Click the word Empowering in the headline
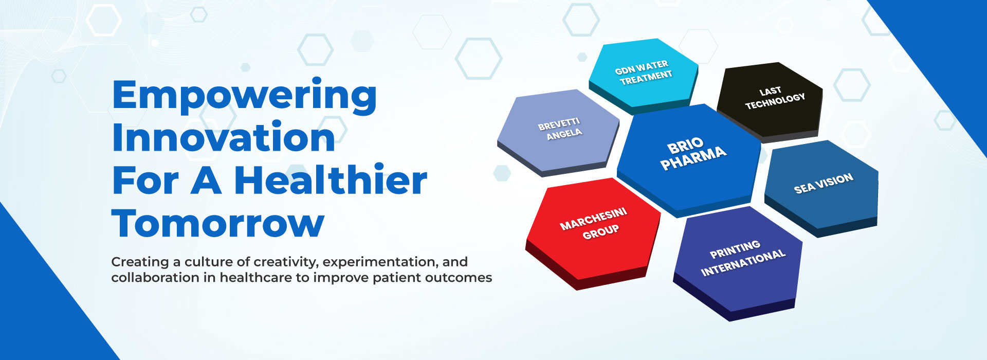pyautogui.click(x=245, y=97)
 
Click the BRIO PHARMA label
pyautogui.click(x=692, y=154)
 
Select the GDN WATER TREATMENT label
pyautogui.click(x=644, y=73)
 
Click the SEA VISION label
pyautogui.click(x=824, y=184)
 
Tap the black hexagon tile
pyautogui.click(x=770, y=102)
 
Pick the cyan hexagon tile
pyautogui.click(x=643, y=76)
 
